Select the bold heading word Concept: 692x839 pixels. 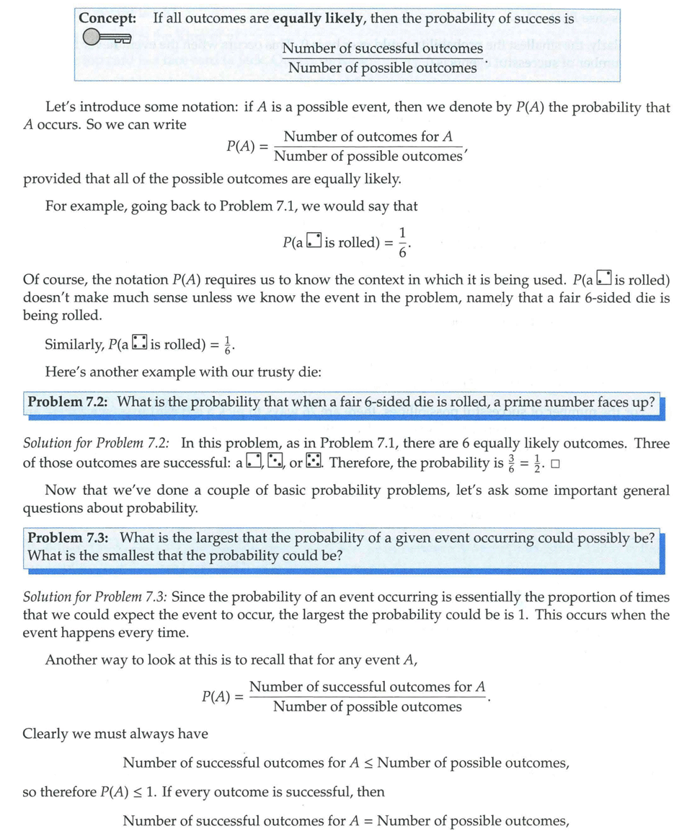click(x=107, y=19)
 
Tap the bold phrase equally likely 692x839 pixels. click(x=316, y=19)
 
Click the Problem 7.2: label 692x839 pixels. click(x=67, y=402)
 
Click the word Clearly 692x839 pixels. click(x=47, y=734)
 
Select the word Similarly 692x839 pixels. click(x=74, y=345)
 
